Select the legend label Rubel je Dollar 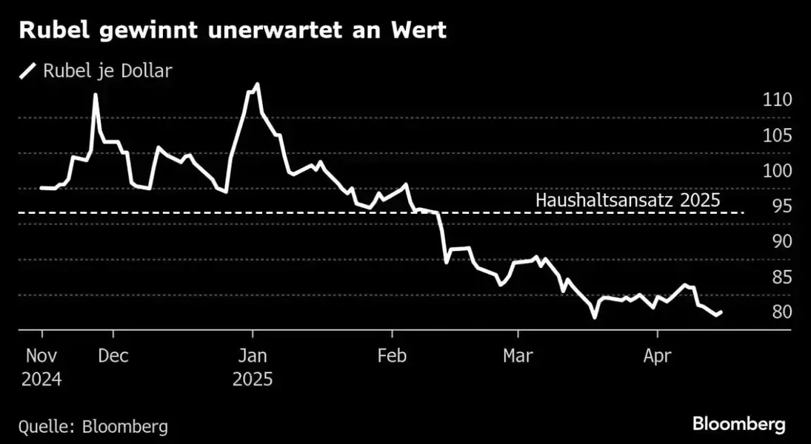pos(107,71)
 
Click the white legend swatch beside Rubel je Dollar pos(28,71)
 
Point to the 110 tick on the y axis pos(778,100)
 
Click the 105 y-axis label pos(778,135)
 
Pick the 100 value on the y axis pos(778,171)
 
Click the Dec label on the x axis pos(113,356)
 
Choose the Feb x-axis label pos(392,356)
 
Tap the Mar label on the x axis pos(518,356)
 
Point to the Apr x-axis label pos(657,356)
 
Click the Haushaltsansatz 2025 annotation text pos(627,200)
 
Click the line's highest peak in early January pos(256,84)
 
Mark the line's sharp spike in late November pos(96,95)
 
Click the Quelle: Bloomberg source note pos(93,426)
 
